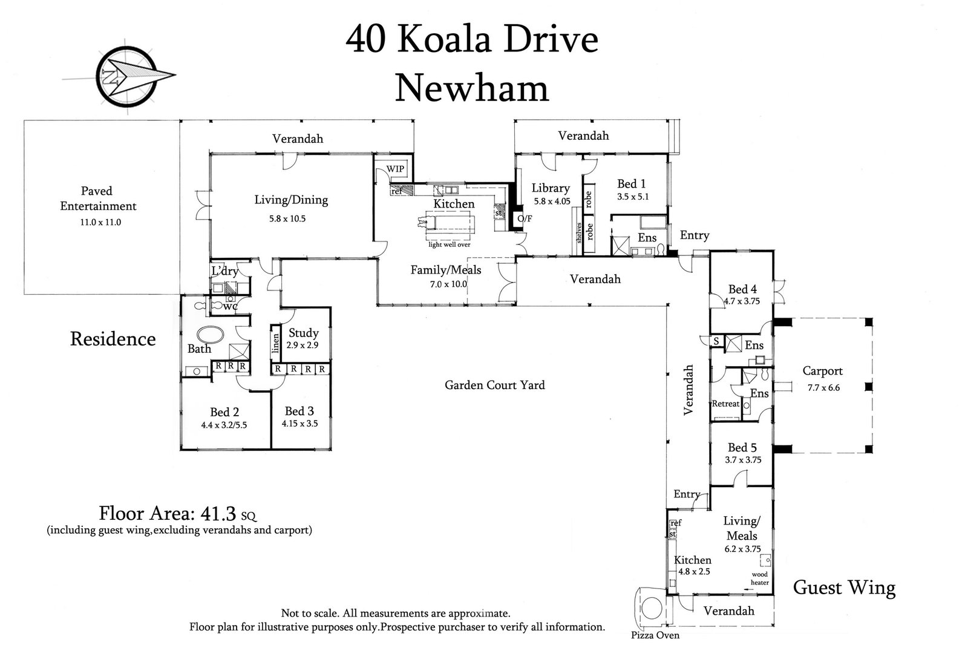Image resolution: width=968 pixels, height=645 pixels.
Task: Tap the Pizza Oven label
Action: coord(655,635)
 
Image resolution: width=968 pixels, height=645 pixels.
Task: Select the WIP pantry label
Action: coord(395,169)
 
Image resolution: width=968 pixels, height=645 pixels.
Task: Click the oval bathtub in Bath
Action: coord(210,335)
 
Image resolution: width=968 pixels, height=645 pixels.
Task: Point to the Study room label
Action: coord(303,333)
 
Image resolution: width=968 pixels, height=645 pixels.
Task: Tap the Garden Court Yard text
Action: coord(494,385)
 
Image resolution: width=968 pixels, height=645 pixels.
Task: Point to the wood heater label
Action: coord(760,578)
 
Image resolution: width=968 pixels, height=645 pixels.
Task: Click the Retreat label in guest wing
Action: coord(725,404)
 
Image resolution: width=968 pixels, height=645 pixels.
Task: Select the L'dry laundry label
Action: coord(224,271)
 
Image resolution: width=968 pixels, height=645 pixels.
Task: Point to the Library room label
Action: coord(551,188)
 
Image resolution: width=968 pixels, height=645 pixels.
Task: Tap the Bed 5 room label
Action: coord(742,448)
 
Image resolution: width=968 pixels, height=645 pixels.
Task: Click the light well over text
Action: coord(450,244)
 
